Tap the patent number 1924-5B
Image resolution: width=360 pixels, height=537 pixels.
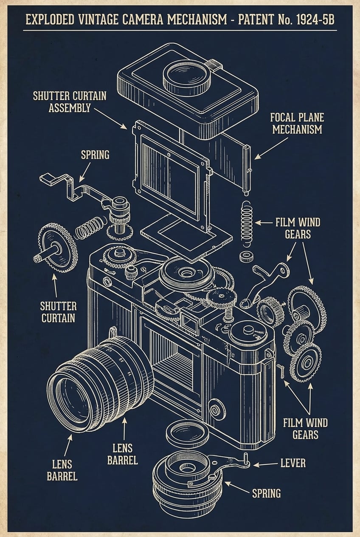(309, 20)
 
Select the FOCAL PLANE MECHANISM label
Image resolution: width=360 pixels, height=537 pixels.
(297, 123)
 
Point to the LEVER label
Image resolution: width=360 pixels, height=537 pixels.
(292, 463)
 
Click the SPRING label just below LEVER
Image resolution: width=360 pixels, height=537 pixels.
(266, 493)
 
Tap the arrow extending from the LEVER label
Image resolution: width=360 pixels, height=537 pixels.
(265, 464)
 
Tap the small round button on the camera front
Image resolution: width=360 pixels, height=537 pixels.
(216, 410)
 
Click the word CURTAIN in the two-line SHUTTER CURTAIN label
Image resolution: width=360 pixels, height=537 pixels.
(59, 318)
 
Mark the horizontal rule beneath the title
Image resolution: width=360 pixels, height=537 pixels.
(180, 30)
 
